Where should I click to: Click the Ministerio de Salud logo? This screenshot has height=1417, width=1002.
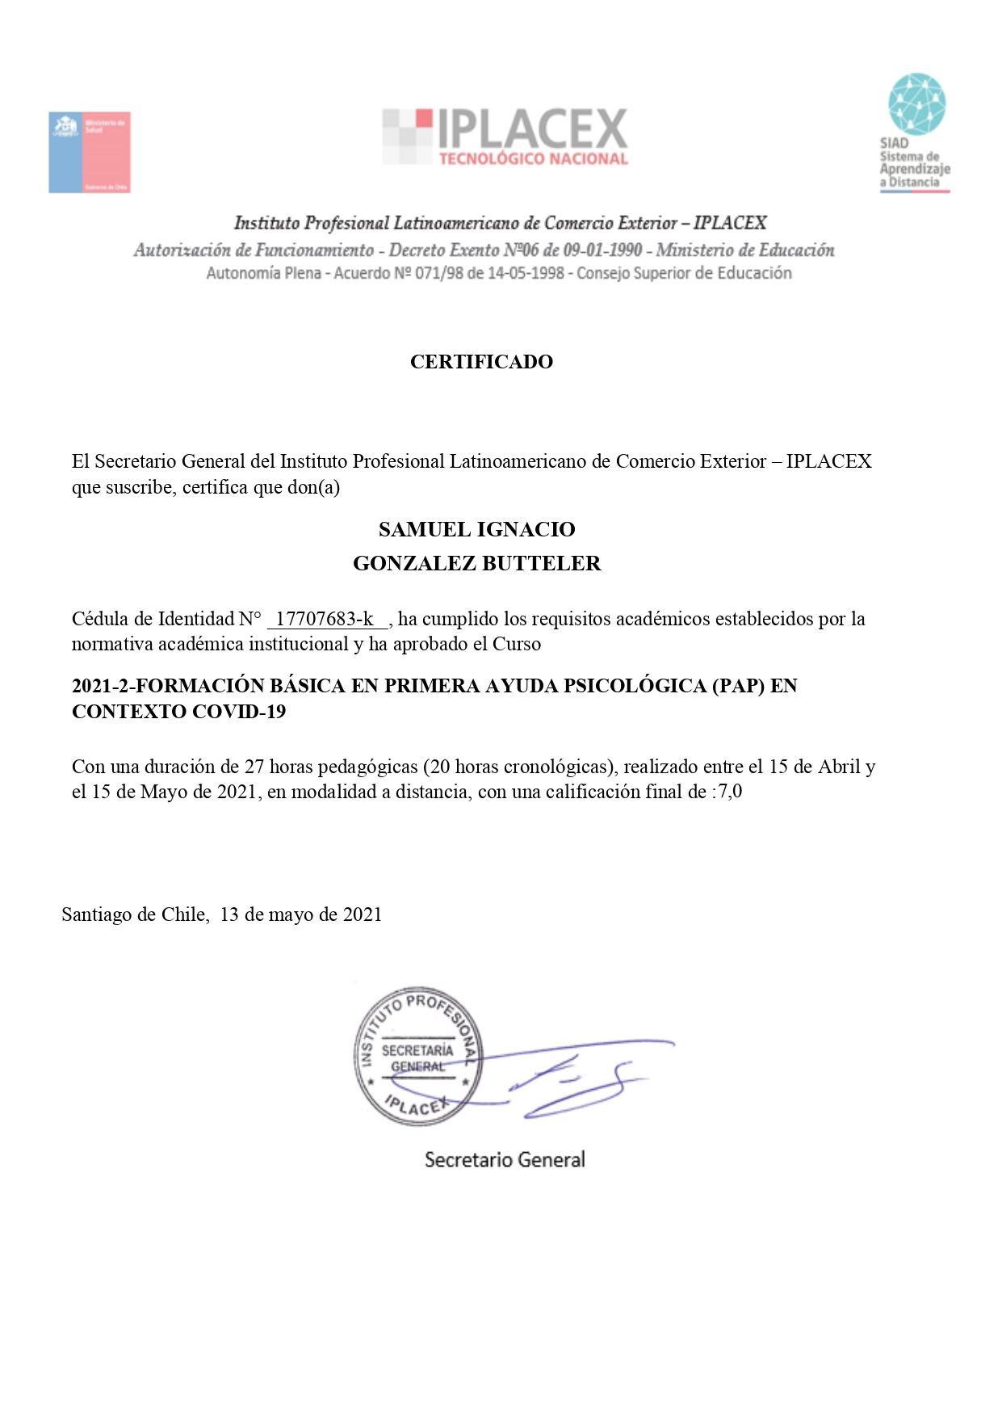point(90,152)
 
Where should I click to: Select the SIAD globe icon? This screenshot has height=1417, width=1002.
point(916,103)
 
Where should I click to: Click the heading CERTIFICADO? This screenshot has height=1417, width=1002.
point(481,362)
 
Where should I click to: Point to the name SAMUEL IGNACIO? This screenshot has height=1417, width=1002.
point(476,529)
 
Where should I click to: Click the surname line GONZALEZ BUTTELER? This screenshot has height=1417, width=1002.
point(476,564)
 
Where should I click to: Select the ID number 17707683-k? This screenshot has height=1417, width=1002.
point(325,619)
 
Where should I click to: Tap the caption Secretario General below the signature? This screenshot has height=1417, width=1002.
point(505,1160)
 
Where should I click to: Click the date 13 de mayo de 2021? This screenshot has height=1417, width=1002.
point(301,915)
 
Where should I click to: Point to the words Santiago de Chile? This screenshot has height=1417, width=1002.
point(134,915)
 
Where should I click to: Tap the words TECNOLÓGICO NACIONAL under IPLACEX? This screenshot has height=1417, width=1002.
point(533,159)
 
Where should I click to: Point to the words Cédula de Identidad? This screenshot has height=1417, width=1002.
point(153,619)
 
